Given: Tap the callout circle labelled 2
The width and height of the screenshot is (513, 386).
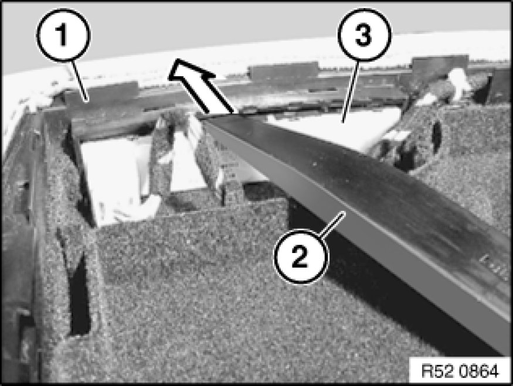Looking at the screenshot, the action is pyautogui.click(x=300, y=257).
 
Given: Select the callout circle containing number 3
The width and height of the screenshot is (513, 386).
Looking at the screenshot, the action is pyautogui.click(x=364, y=35).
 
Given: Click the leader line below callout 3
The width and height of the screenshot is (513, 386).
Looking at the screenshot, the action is pyautogui.click(x=351, y=91).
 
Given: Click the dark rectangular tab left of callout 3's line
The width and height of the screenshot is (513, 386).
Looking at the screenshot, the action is pyautogui.click(x=284, y=70).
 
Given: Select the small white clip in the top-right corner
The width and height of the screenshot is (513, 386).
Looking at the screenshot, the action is pyautogui.click(x=460, y=82).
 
